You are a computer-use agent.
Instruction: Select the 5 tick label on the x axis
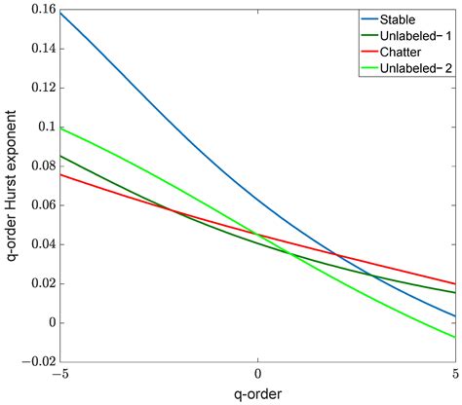(454, 373)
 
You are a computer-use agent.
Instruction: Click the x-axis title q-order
(257, 392)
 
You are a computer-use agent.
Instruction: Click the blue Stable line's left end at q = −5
(60, 13)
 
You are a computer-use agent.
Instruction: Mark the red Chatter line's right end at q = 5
(454, 283)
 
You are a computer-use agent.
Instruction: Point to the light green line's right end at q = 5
(454, 337)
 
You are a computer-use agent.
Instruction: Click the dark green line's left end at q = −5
(60, 156)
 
